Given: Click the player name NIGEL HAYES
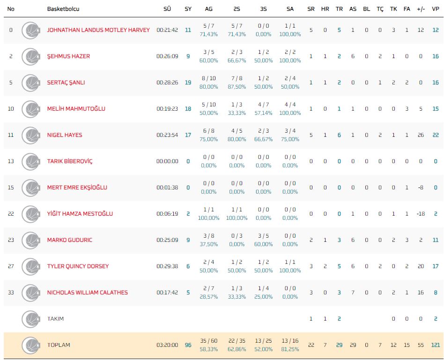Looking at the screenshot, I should click(65, 135).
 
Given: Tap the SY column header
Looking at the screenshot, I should click(188, 9).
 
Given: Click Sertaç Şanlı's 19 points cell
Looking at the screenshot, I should click(188, 82).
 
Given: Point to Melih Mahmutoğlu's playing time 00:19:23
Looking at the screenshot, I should click(167, 109).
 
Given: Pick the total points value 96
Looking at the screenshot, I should click(188, 345).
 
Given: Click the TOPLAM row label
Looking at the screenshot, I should click(59, 345).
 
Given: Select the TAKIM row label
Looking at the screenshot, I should click(55, 319).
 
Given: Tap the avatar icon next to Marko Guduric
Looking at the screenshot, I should click(30, 240).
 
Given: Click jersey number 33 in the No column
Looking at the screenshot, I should click(11, 292).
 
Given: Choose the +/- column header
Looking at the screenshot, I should click(421, 9).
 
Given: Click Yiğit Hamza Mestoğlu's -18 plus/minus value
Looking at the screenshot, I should click(420, 214).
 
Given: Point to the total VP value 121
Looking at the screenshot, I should click(435, 345).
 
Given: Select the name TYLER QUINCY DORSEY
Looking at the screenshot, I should click(78, 266).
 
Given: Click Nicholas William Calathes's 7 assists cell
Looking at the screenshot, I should click(353, 292).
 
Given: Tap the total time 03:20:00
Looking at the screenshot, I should click(167, 345).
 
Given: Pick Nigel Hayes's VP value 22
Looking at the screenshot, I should click(436, 135).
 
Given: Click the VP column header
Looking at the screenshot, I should click(436, 9).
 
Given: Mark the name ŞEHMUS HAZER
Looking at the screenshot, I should click(68, 56).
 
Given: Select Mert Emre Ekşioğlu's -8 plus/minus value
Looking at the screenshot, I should click(421, 187).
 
